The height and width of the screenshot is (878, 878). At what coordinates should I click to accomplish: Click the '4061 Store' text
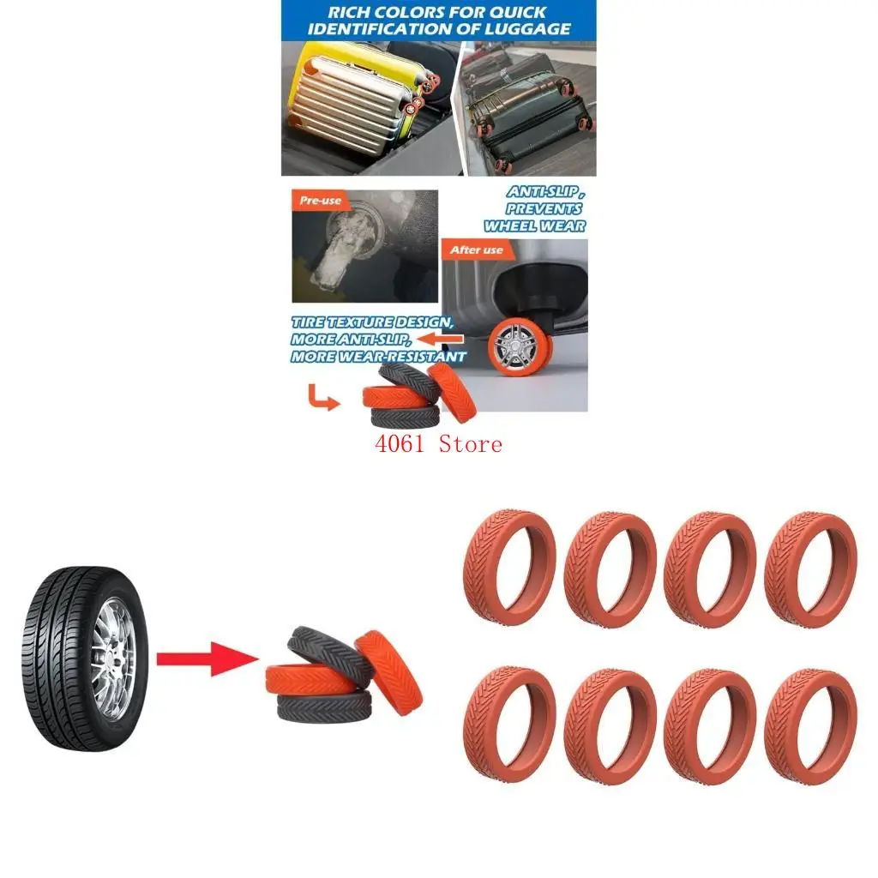(437, 444)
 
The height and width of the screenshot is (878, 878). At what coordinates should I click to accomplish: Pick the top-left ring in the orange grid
(508, 568)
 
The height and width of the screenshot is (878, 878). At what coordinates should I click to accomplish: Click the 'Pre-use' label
(321, 201)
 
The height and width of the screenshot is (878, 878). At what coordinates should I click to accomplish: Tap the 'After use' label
(477, 250)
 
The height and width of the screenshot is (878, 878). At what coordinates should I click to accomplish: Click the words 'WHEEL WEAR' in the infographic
(534, 226)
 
